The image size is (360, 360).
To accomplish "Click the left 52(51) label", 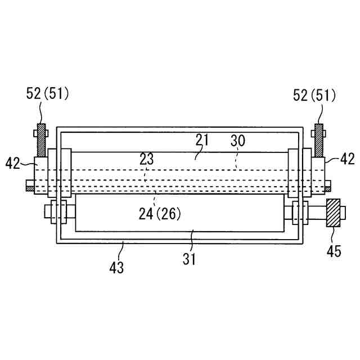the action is pyautogui.click(x=47, y=94).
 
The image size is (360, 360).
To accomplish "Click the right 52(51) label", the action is pyautogui.click(x=314, y=95).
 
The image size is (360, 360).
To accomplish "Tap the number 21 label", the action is pyautogui.click(x=202, y=139).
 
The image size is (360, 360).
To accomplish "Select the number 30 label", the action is pyautogui.click(x=238, y=141).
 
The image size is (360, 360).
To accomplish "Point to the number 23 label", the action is pyautogui.click(x=147, y=159).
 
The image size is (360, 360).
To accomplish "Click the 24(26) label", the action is pyautogui.click(x=160, y=214).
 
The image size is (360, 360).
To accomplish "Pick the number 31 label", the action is pyautogui.click(x=189, y=259).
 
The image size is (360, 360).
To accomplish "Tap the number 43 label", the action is pyautogui.click(x=116, y=268).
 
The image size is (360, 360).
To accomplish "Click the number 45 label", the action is pyautogui.click(x=334, y=251).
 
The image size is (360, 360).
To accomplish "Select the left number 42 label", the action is pyautogui.click(x=12, y=163).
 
